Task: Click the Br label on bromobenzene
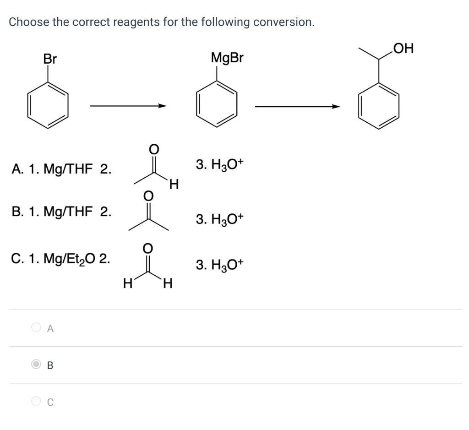click(x=50, y=59)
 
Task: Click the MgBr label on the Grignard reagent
click(x=228, y=58)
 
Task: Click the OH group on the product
click(x=403, y=48)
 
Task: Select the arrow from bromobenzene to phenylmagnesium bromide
click(x=128, y=106)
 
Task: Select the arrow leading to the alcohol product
click(x=297, y=107)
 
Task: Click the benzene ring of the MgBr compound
click(x=217, y=105)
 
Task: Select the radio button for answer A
click(x=36, y=327)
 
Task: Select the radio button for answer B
click(x=36, y=365)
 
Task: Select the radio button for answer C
click(x=36, y=401)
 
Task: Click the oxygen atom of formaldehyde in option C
click(x=147, y=248)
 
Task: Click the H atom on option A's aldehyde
click(x=173, y=185)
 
